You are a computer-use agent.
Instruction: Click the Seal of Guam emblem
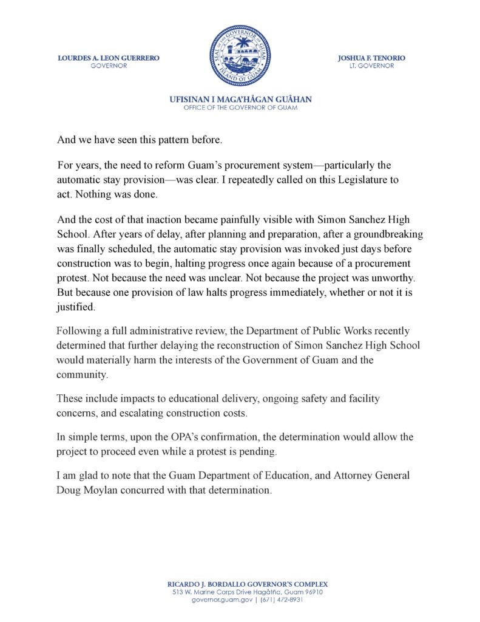[240, 55]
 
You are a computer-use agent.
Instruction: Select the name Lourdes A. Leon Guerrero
[109, 58]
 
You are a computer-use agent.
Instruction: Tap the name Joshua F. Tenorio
[371, 58]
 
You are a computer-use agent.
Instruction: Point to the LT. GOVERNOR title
[371, 66]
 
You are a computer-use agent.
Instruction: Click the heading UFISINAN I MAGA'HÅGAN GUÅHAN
[240, 100]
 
